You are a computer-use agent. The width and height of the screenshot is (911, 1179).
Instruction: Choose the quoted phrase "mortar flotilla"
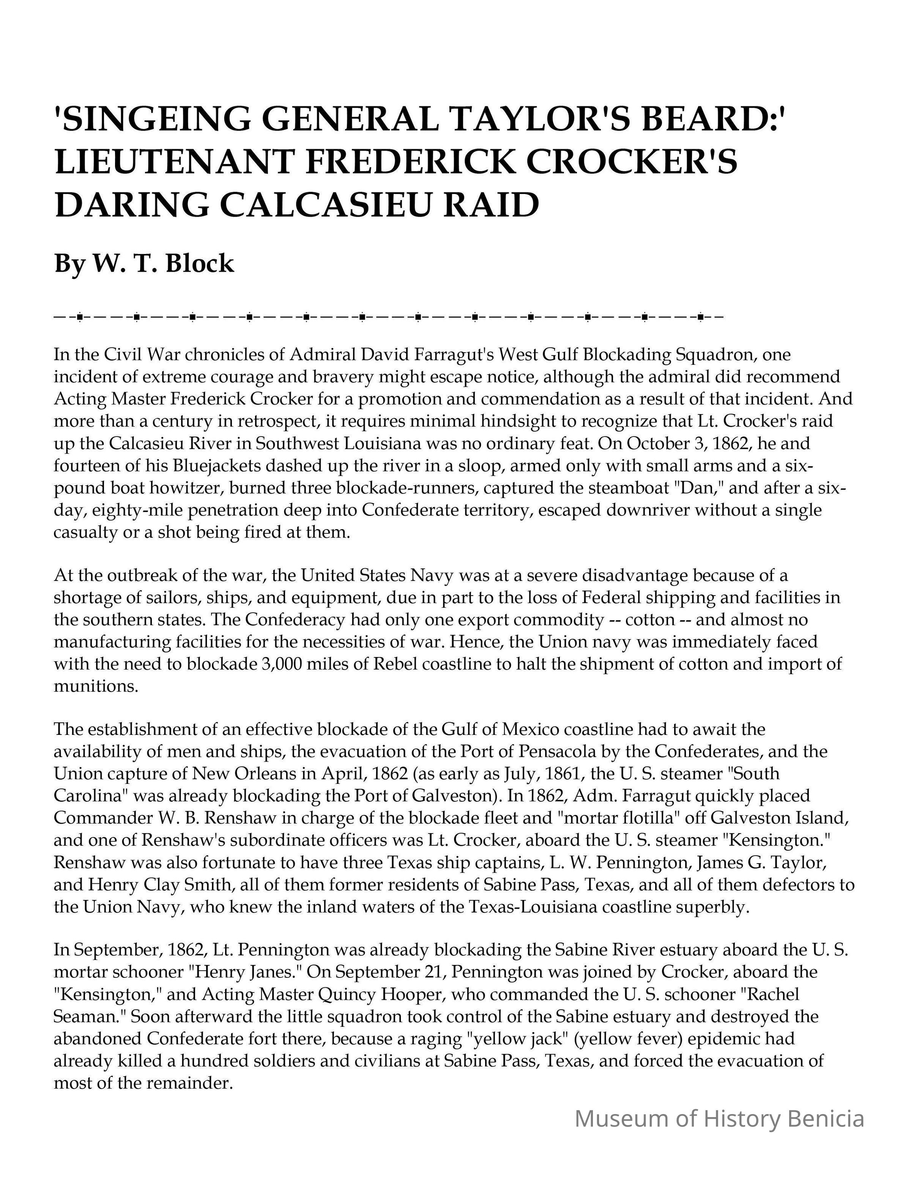click(621, 818)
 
